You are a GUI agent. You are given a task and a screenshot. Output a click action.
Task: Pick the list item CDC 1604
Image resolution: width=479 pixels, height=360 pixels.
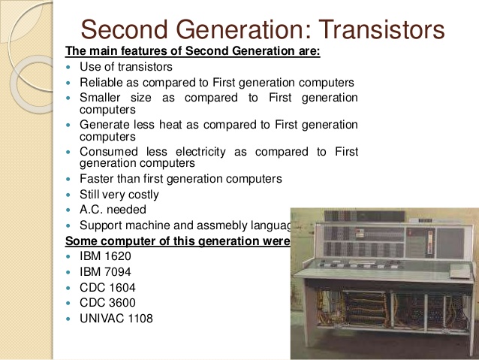click(x=107, y=288)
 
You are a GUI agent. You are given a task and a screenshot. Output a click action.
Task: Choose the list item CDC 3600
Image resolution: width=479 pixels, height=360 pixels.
click(x=107, y=303)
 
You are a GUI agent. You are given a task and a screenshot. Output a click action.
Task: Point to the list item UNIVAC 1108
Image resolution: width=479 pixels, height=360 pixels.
click(x=116, y=319)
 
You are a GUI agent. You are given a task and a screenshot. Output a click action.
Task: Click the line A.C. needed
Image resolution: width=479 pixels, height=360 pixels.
click(x=113, y=210)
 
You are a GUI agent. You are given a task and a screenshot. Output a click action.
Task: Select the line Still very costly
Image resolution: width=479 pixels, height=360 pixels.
click(x=119, y=195)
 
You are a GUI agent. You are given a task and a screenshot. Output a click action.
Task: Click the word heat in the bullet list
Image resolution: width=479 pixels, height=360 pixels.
click(x=174, y=124)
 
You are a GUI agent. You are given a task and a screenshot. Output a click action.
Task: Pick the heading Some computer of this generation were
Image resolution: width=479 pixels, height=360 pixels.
click(x=177, y=241)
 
